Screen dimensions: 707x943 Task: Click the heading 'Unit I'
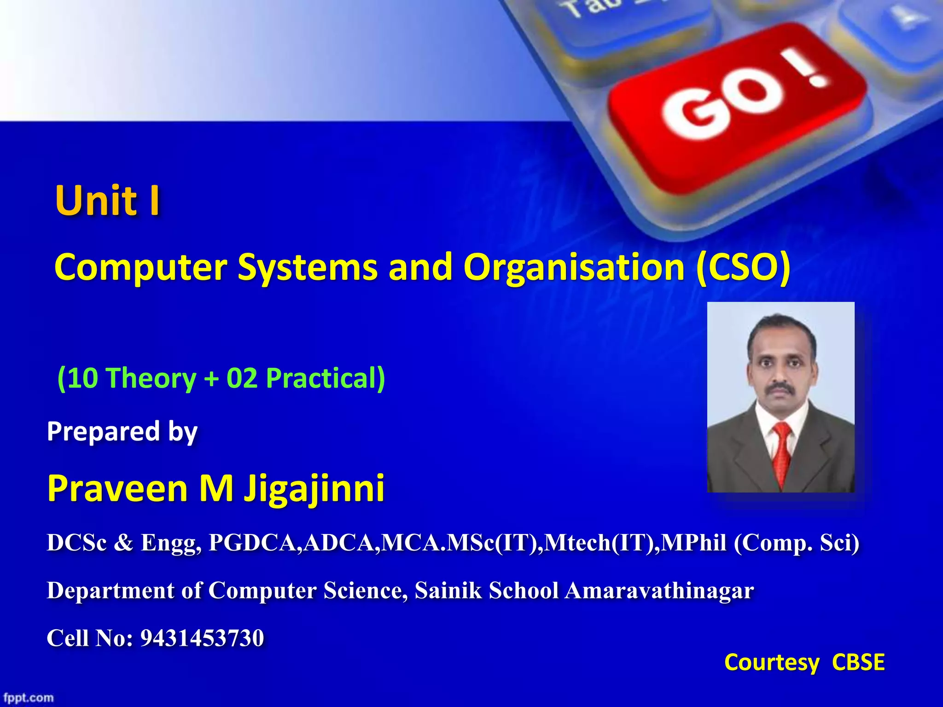tap(108, 201)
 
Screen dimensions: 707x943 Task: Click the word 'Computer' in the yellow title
tap(140, 268)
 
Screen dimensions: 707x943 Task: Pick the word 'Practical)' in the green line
tap(326, 378)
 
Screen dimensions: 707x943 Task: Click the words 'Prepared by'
tap(122, 432)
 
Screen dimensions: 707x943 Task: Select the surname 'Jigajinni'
tap(314, 489)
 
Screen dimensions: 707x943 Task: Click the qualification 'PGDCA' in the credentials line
tap(255, 543)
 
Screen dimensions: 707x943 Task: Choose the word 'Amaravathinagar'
tap(659, 591)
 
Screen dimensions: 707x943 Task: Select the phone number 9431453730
tap(202, 638)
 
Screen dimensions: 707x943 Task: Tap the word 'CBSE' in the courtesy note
tap(858, 663)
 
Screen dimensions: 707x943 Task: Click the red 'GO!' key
tap(737, 106)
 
